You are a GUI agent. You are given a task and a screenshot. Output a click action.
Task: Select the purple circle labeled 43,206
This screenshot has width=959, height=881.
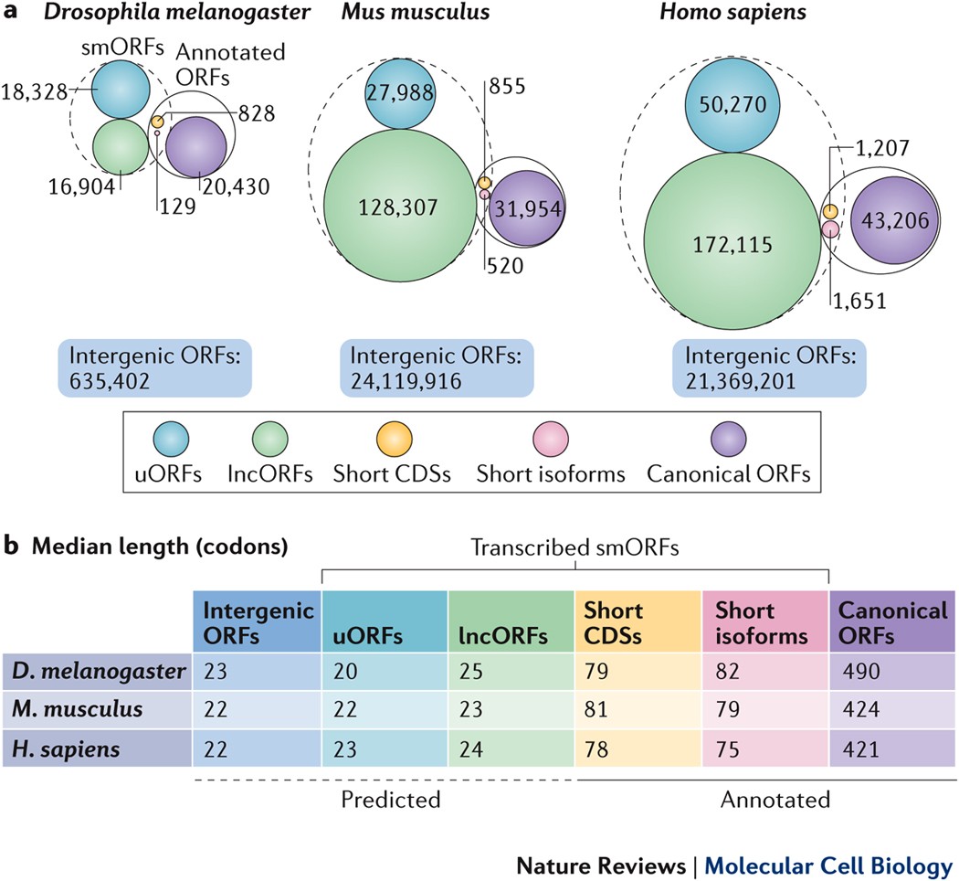click(x=895, y=219)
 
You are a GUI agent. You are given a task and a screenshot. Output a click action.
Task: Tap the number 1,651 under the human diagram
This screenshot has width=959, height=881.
click(x=860, y=299)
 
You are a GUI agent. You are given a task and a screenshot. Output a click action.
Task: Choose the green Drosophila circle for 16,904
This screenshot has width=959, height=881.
click(x=121, y=145)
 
